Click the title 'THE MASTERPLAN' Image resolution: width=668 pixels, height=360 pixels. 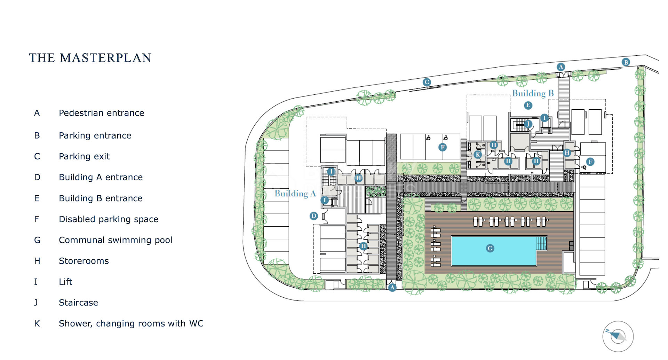[x=90, y=58]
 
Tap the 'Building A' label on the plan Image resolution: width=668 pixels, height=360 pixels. [x=295, y=194]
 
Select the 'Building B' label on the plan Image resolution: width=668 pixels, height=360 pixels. [x=533, y=93]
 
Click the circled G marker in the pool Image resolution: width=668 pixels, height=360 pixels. [x=490, y=248]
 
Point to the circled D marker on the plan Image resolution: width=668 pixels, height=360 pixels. [x=313, y=216]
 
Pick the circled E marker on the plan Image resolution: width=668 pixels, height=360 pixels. [x=528, y=105]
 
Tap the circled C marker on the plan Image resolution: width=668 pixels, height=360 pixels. [x=427, y=82]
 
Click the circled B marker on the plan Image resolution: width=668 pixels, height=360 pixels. [x=626, y=62]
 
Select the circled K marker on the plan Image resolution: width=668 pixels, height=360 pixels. [x=478, y=155]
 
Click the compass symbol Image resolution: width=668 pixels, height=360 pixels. [x=618, y=336]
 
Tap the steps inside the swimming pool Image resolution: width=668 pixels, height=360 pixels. [x=541, y=243]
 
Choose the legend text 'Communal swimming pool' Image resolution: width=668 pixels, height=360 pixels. [x=116, y=240]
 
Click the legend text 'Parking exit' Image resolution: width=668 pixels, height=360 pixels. [x=84, y=157]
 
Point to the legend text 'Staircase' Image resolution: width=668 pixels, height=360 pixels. [x=79, y=303]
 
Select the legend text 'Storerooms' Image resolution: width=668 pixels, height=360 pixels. [x=84, y=261]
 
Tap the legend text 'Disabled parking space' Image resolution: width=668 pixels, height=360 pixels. [x=109, y=219]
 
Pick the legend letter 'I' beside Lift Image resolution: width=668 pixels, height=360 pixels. [x=36, y=282]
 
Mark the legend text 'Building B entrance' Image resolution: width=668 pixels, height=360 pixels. [x=101, y=198]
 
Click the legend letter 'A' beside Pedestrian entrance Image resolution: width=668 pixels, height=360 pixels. [x=37, y=113]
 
